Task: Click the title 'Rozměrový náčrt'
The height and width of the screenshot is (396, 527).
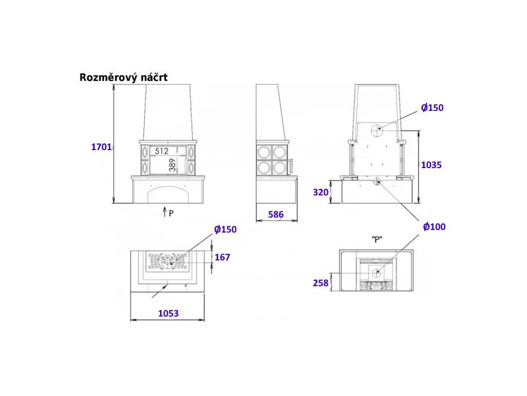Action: (124, 77)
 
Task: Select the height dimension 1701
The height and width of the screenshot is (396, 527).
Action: (101, 147)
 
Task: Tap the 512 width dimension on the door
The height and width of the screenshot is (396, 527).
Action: (162, 151)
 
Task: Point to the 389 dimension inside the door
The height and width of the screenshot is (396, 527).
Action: (172, 165)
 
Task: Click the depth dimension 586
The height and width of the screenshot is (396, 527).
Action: (276, 214)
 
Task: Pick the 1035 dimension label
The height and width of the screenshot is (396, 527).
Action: (431, 165)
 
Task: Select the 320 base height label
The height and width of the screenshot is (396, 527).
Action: (321, 192)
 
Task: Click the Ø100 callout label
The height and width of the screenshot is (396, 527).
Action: (434, 227)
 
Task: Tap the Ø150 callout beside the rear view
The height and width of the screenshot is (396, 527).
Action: (432, 108)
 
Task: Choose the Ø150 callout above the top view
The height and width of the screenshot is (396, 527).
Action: (225, 229)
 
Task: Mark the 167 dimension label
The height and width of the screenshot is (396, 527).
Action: (222, 257)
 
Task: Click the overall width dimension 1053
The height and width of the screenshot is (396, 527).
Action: (168, 313)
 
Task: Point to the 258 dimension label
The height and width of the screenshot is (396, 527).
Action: (321, 283)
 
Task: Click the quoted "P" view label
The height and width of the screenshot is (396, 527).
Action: (377, 239)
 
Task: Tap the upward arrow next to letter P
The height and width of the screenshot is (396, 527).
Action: (165, 212)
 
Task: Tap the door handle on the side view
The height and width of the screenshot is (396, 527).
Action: (291, 166)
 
